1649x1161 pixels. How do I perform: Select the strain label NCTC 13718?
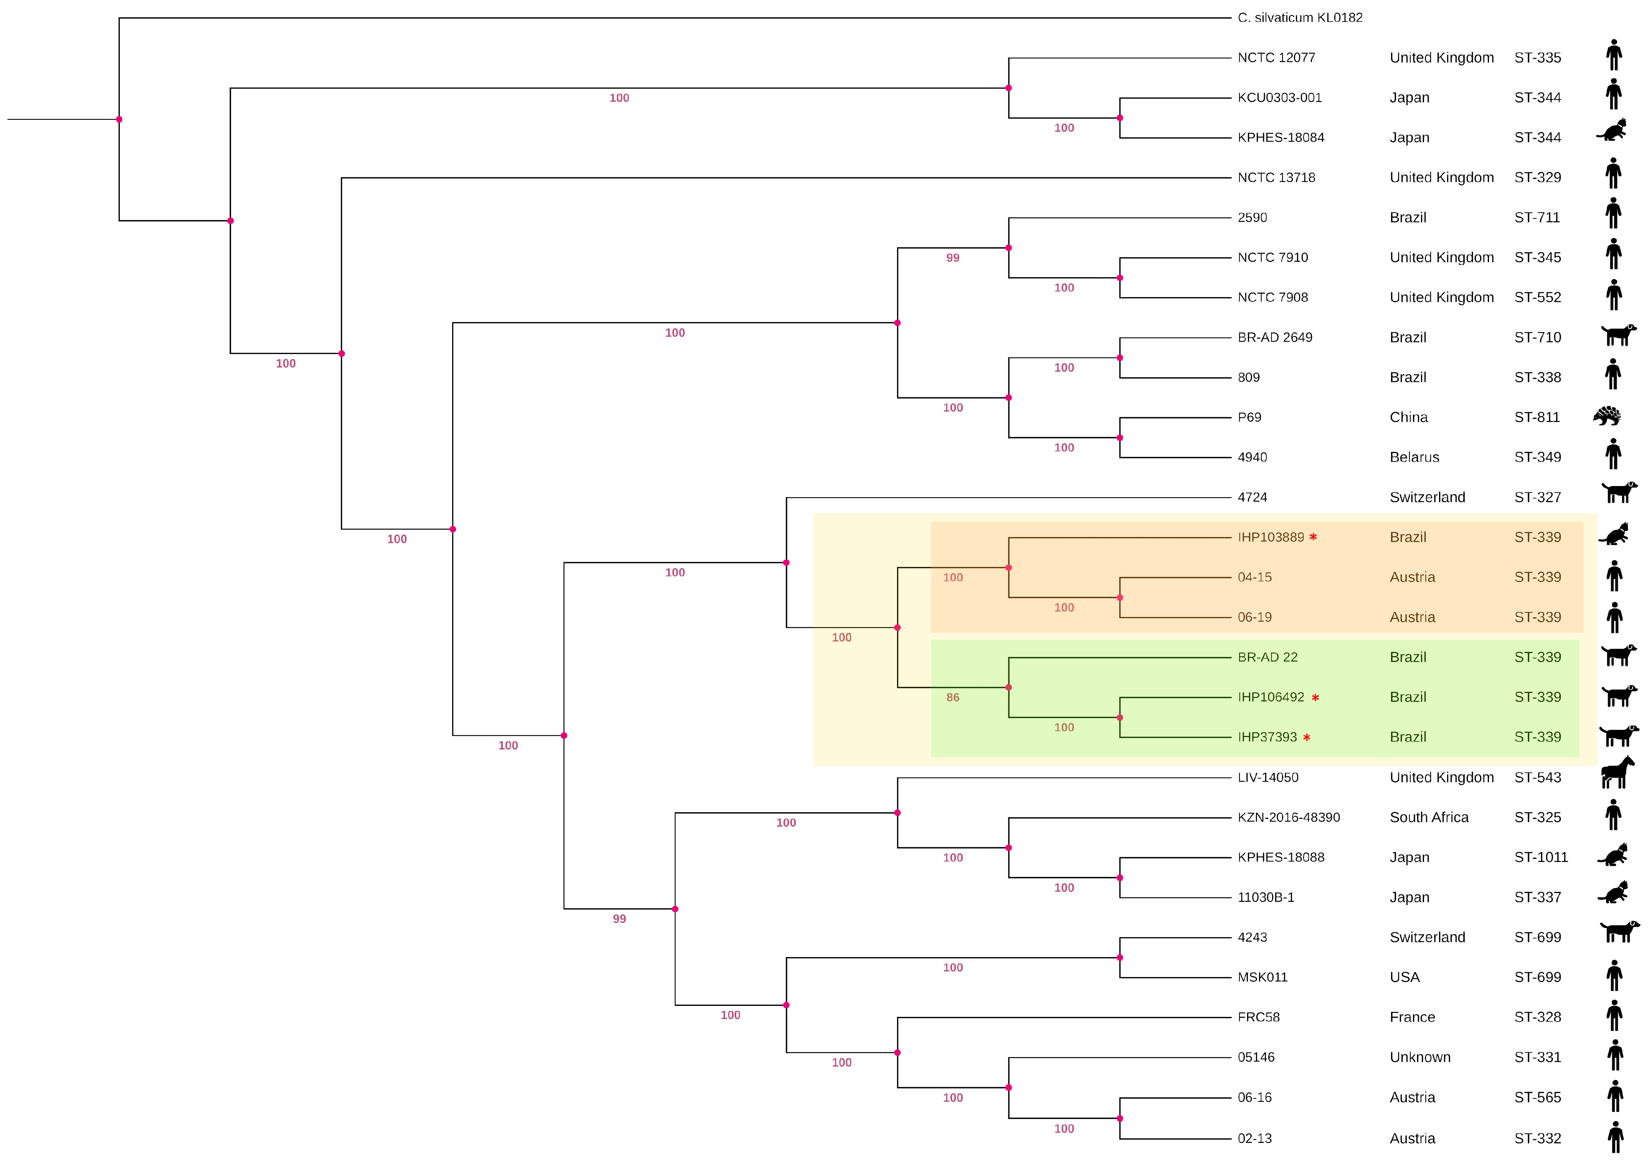pos(1276,177)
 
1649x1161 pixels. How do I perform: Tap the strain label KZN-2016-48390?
pos(1289,818)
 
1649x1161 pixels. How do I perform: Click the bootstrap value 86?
pos(952,698)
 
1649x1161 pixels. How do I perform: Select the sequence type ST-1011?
pos(1540,857)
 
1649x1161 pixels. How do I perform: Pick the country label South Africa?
pos(1429,818)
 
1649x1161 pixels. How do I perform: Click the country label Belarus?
pos(1414,458)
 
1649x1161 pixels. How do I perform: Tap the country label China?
pos(1408,417)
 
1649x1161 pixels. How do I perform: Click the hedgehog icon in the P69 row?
pos(1607,416)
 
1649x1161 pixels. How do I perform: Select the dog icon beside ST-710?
pos(1618,335)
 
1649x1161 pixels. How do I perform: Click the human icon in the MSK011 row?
pos(1614,976)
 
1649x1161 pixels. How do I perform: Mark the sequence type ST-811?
pos(1537,417)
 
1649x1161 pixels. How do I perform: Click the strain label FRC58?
pos(1258,1017)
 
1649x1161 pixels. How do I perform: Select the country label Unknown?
pos(1420,1058)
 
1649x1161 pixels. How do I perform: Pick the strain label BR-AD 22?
pos(1267,657)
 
